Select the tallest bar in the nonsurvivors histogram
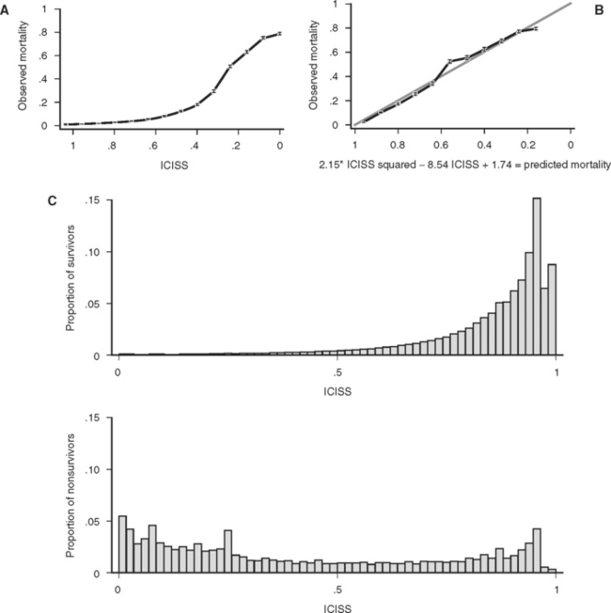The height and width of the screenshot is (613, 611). (122, 544)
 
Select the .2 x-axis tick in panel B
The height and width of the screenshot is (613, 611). (527, 148)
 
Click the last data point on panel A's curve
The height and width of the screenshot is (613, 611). (279, 34)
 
